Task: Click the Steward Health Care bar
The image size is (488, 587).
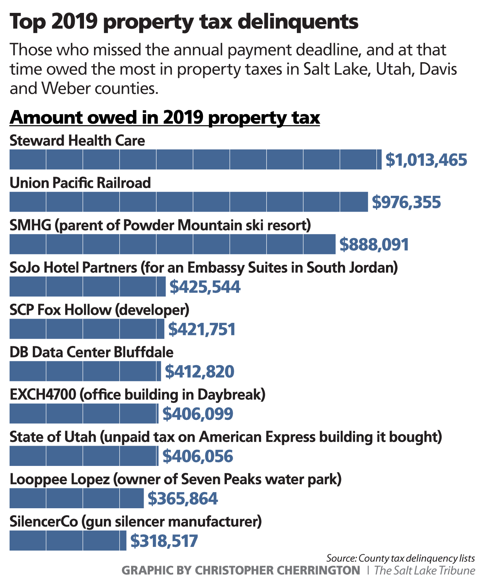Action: coord(195,159)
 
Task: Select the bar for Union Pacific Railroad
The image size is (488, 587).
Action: coord(189,202)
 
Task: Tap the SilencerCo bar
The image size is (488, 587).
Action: coord(68,540)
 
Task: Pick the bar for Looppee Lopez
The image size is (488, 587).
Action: coord(77,498)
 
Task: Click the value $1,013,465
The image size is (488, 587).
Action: coord(426,160)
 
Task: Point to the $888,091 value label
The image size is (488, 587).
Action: coord(374,245)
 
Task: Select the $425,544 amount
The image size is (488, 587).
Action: coord(205,287)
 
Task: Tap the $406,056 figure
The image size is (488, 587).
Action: coord(198,456)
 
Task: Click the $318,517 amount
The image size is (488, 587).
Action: coord(164,541)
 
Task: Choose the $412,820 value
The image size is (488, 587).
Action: coord(199,372)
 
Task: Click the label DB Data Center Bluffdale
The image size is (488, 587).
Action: coord(91,352)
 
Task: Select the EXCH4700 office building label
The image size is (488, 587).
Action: coord(137,395)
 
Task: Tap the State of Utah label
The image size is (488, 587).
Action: coord(225,437)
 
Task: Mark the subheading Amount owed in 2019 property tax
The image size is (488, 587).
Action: coord(165,118)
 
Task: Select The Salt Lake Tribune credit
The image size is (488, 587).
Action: coord(424,570)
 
